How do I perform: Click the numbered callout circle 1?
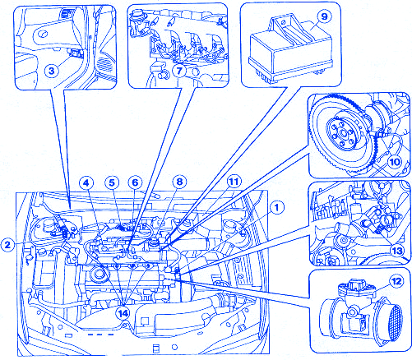point(276,207)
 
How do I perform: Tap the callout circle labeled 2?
point(7,244)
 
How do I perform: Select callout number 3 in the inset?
point(52,71)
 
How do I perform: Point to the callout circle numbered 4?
point(86,182)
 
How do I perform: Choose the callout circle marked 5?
point(112,182)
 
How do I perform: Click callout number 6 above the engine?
point(136,182)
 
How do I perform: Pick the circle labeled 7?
point(179,71)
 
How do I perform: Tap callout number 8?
point(179,182)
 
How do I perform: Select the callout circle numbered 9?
point(324,17)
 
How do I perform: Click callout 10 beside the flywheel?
point(395,162)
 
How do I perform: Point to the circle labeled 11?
point(234,182)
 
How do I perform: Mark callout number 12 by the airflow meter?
point(396,281)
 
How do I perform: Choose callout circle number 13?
point(397,251)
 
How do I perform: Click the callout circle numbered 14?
point(123,313)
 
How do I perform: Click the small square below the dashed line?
point(156,348)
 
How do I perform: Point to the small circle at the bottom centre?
point(174,348)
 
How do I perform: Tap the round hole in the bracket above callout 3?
point(43,35)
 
